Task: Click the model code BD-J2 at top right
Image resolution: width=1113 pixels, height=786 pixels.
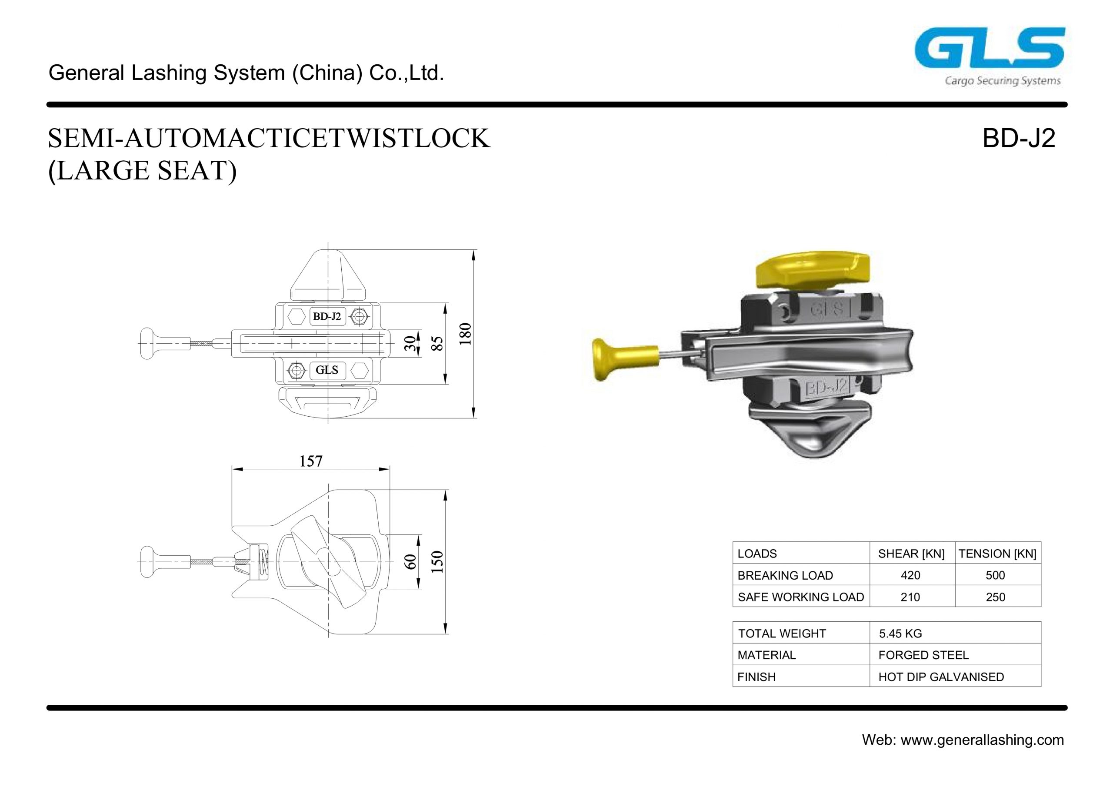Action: tap(1019, 139)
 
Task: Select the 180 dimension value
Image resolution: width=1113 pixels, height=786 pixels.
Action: tap(465, 333)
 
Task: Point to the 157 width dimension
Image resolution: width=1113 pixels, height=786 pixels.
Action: tap(311, 461)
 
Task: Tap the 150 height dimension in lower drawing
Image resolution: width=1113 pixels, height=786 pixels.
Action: tap(438, 562)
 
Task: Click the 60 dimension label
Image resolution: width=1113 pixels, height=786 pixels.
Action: tap(410, 562)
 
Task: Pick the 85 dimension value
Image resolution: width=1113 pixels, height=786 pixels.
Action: tap(438, 343)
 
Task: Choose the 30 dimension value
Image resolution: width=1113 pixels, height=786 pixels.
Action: tap(410, 343)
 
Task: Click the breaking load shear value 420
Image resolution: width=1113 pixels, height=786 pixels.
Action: tap(910, 575)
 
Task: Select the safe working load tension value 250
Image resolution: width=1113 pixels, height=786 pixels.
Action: tap(996, 597)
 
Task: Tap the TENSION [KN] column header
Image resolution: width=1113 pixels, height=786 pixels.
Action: tap(997, 554)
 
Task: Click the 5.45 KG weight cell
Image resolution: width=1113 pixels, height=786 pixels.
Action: tap(901, 633)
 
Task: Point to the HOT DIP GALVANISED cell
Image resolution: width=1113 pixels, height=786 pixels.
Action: tap(941, 677)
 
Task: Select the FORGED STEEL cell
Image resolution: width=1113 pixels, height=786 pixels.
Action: tap(923, 655)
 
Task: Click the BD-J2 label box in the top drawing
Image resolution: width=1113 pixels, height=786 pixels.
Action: tap(327, 317)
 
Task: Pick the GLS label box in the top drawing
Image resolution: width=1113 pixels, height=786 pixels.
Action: tap(327, 370)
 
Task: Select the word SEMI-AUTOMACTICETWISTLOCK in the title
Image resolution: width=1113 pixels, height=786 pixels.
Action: tap(269, 139)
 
